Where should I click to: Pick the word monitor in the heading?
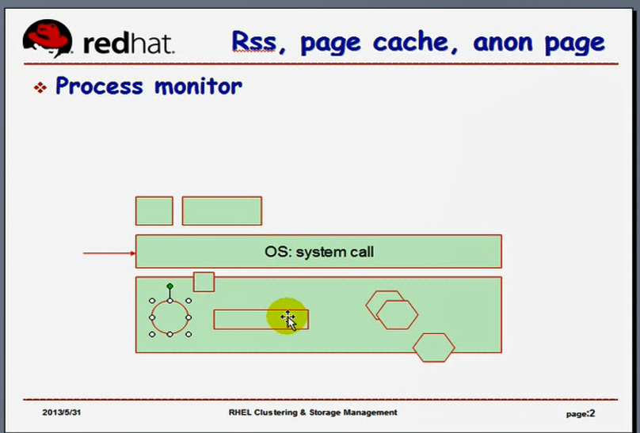coord(198,85)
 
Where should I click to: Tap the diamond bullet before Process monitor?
coord(40,87)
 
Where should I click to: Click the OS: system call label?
coord(318,252)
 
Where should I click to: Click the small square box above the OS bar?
coord(154,211)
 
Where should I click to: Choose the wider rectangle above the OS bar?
coord(222,211)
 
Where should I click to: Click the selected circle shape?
coord(170,317)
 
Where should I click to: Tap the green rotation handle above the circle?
coord(170,285)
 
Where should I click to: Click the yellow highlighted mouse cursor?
coord(288,319)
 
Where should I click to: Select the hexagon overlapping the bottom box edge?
coord(434,348)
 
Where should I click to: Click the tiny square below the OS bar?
coord(204,282)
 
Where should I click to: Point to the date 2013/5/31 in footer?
coord(62,413)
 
